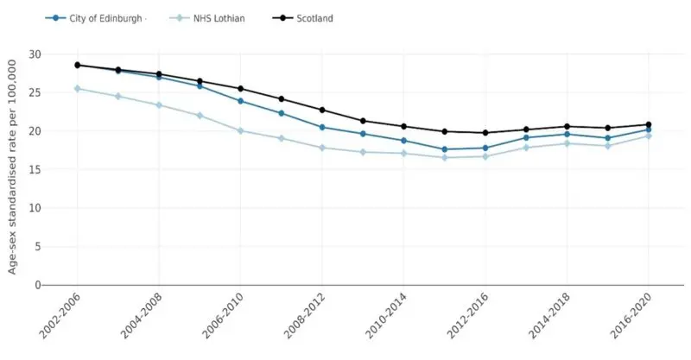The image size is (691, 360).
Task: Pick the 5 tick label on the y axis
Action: click(37, 246)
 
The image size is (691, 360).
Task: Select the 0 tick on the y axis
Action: click(37, 285)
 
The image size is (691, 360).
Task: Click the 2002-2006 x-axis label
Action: click(59, 317)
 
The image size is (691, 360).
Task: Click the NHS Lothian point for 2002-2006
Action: click(77, 88)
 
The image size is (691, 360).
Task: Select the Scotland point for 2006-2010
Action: click(240, 89)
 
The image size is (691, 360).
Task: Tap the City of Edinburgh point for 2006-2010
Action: click(240, 101)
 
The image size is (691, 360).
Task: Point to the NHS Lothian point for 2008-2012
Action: click(321, 148)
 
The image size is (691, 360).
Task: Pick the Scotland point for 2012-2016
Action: click(485, 133)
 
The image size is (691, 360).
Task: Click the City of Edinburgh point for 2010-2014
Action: click(403, 141)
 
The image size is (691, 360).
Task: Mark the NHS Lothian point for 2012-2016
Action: click(485, 156)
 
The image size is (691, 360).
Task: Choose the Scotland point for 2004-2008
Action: click(159, 74)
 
